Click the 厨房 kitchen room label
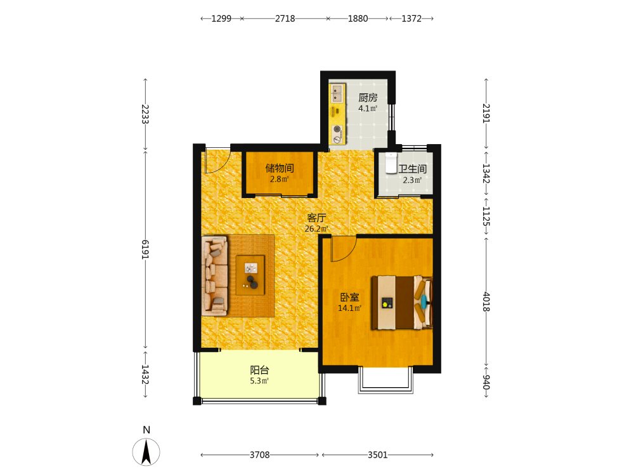click(368, 98)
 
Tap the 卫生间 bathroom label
click(413, 169)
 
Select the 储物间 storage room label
click(280, 168)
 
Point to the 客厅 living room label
click(316, 218)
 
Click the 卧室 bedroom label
click(349, 297)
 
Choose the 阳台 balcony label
click(259, 370)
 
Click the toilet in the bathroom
click(391, 163)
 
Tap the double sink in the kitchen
click(337, 93)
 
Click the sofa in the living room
click(214, 276)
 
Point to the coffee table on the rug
click(250, 275)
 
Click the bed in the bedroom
click(402, 302)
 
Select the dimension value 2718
click(285, 18)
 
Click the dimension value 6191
click(145, 249)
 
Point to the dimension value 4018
click(486, 302)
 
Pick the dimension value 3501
click(377, 455)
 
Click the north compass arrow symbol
click(146, 452)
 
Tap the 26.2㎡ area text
click(316, 228)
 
